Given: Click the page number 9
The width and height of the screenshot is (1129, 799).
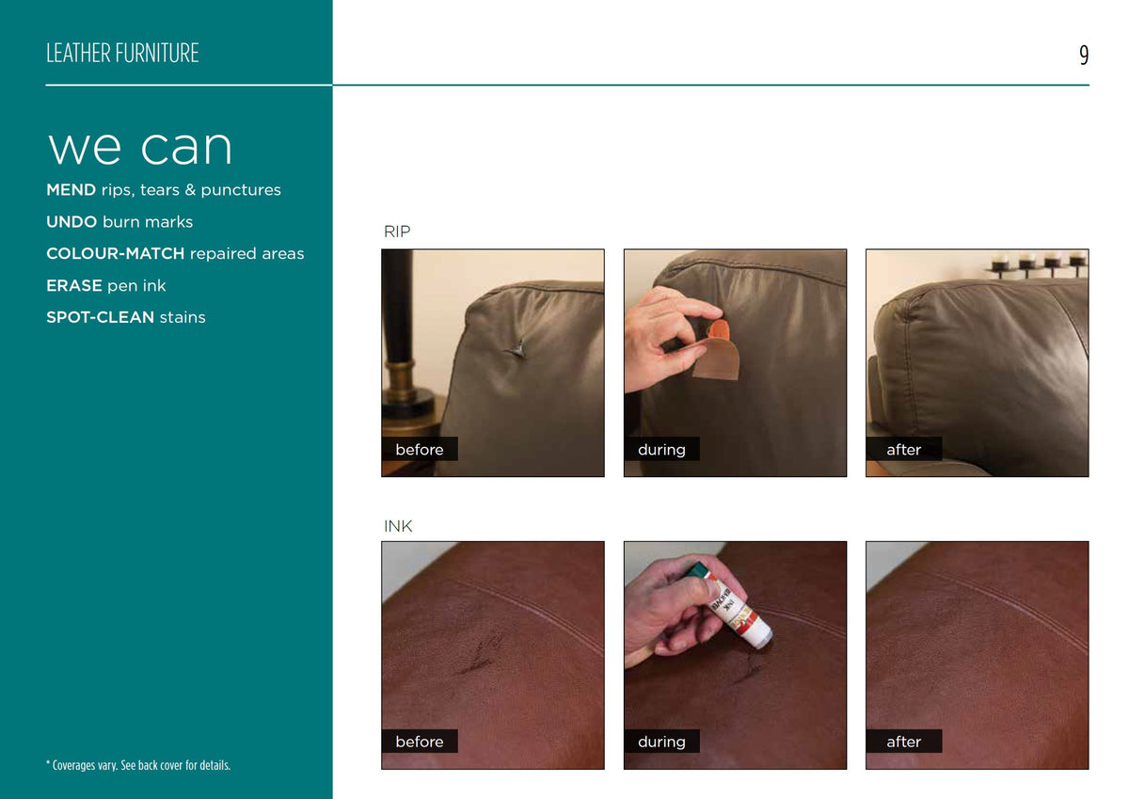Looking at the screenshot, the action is tap(1084, 55).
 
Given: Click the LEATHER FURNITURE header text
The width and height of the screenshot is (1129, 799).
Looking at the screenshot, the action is tap(122, 53).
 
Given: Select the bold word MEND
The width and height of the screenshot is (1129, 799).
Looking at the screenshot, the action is tap(72, 190).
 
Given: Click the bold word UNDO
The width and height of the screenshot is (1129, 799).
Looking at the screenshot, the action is tap(72, 222).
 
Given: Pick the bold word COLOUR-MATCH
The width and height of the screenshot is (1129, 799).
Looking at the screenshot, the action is tap(116, 253).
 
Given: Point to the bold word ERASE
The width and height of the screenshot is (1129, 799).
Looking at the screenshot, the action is tap(74, 286).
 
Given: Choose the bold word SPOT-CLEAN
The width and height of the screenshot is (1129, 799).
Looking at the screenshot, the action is tap(101, 317).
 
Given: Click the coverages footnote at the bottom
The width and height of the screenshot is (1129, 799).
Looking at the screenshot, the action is tap(138, 765).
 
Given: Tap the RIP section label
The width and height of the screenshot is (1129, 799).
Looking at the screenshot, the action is tap(397, 232).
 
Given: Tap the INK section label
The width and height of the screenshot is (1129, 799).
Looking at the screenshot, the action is tap(398, 526).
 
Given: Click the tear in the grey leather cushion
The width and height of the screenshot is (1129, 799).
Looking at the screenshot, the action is tap(517, 348).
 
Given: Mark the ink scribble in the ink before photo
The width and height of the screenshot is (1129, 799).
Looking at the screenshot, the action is tap(482, 654).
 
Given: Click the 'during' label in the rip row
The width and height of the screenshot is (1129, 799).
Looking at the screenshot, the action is tap(661, 449).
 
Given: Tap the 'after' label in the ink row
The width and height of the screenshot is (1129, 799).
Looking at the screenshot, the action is tap(904, 742).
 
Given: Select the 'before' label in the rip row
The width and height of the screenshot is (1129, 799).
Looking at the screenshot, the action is tap(420, 449).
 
